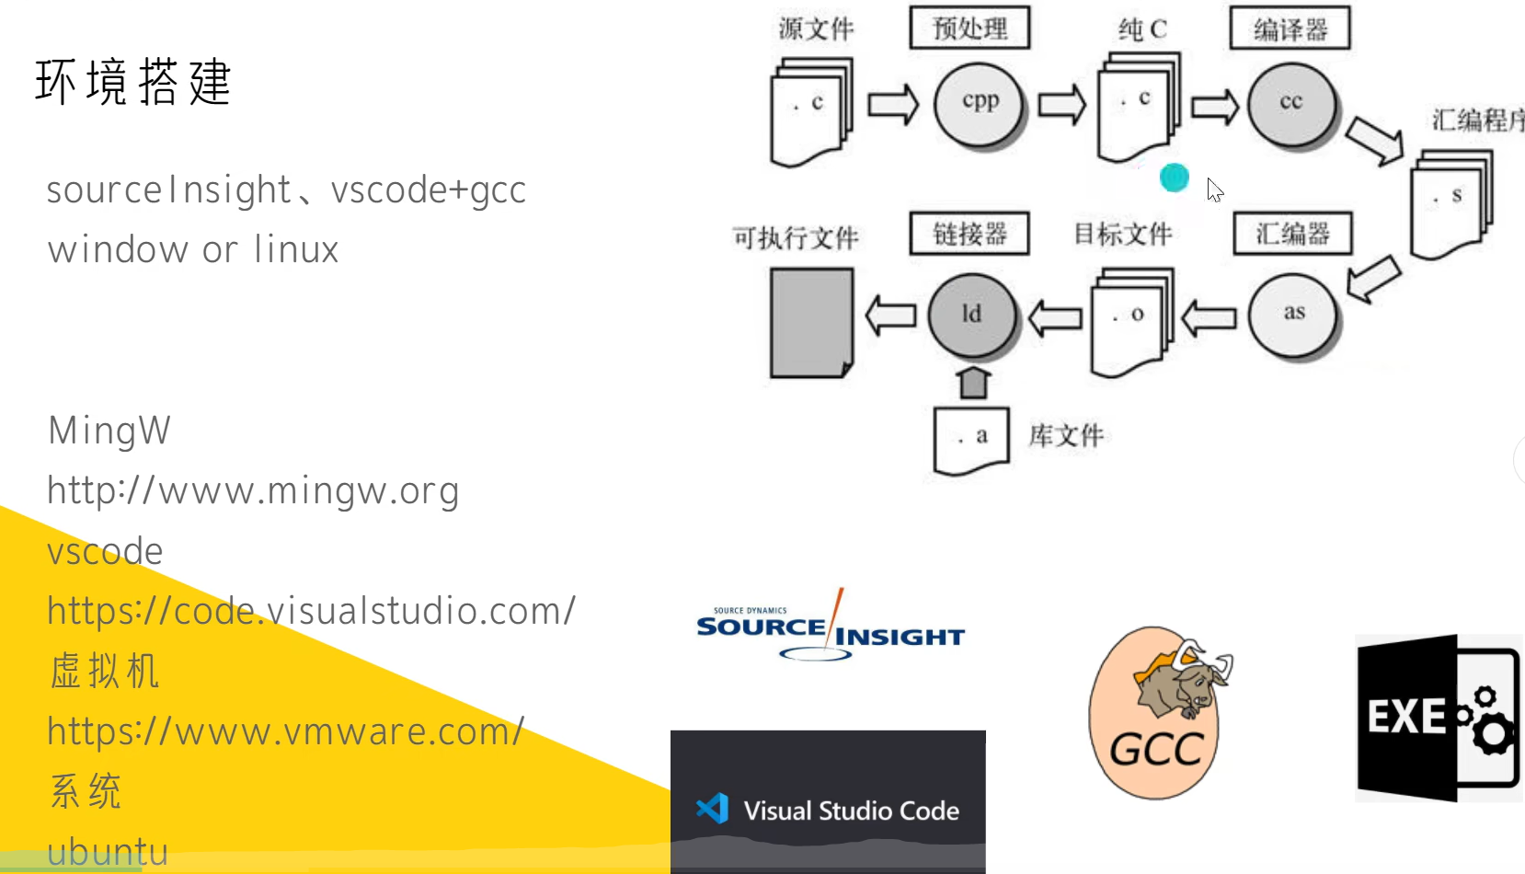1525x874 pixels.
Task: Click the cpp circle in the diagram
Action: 980,103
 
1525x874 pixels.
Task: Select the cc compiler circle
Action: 1291,103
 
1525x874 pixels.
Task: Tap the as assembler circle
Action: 1294,314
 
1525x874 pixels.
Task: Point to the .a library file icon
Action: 971,439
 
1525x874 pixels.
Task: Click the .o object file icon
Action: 1131,319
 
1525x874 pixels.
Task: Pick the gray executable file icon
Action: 811,322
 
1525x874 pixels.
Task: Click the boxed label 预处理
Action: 969,29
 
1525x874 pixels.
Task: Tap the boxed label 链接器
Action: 969,234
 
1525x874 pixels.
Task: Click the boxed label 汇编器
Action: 1292,234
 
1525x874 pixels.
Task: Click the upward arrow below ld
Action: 973,382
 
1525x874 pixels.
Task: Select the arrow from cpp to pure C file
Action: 1062,104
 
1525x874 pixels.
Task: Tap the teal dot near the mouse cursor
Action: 1175,178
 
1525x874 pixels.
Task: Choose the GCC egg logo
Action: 1157,713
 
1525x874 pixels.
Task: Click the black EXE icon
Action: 1437,718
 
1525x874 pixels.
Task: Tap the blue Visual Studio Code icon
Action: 713,809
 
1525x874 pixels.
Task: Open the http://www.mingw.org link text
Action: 253,490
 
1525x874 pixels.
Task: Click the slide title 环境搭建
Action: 133,82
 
